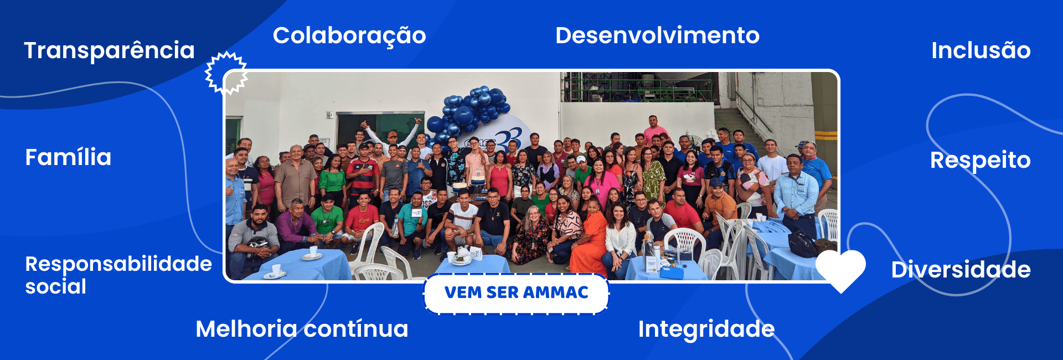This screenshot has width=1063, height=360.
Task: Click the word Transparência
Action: (x=110, y=51)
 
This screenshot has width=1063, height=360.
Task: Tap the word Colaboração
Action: (x=349, y=36)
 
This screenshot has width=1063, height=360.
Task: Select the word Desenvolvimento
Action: (x=657, y=35)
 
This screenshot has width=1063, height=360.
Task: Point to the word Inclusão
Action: (x=981, y=50)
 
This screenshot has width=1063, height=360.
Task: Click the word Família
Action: (x=68, y=157)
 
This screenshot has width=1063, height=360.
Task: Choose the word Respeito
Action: (x=980, y=161)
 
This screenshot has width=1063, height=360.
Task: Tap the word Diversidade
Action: (x=961, y=270)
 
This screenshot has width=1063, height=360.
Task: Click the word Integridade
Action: (x=706, y=330)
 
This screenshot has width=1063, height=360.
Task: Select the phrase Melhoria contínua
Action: (x=302, y=329)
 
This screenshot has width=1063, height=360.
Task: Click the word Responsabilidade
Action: (x=118, y=264)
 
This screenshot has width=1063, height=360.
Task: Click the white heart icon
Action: (x=840, y=269)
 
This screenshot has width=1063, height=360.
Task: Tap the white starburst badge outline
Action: (x=226, y=73)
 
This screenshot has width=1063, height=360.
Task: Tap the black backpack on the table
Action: (x=803, y=244)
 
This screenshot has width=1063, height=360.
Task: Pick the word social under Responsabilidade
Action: (x=56, y=287)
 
